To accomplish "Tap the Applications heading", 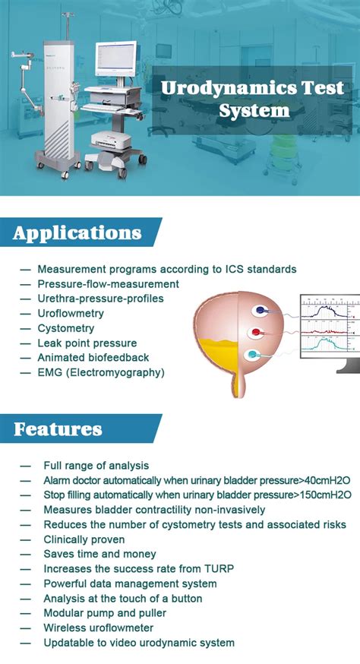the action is pos(77,232).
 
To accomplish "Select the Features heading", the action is pos(58,429).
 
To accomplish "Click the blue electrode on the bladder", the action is pos(260,311).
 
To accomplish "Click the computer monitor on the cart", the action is pos(115,58).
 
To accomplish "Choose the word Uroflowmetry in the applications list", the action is pos(71,313).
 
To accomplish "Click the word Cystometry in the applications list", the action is pos(65,328).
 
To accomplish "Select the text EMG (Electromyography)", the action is pos(101,373).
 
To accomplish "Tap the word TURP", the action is pos(219,568).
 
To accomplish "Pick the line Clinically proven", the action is pos(84,539).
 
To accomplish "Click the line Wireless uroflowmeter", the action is pos(98,628).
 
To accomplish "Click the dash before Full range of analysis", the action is pos(25,466).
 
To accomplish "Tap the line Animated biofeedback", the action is pos(93,357).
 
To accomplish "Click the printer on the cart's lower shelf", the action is pos(112,140).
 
